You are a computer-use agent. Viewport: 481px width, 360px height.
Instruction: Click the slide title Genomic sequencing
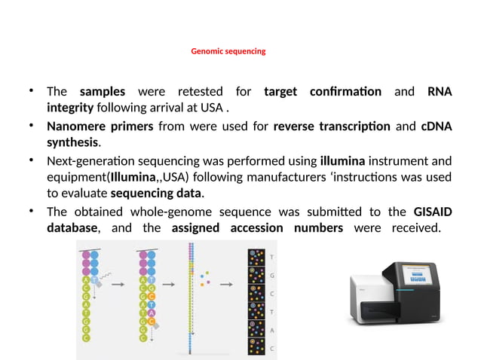[228, 52]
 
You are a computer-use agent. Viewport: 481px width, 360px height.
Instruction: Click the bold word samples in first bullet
[103, 93]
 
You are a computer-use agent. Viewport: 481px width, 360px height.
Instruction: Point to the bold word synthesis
[73, 142]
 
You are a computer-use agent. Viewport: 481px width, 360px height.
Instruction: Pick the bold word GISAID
[433, 212]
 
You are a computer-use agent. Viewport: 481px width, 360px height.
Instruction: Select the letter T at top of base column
[272, 257]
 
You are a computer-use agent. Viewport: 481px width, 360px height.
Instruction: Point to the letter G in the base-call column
[272, 275]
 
